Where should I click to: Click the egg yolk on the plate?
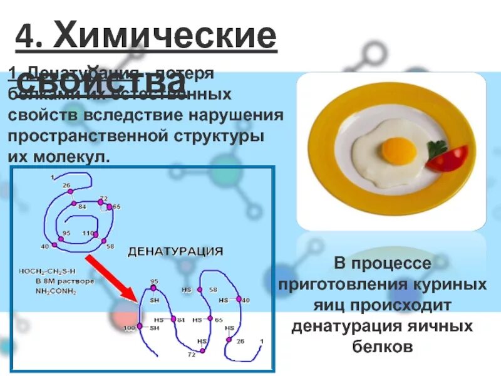(x=400, y=149)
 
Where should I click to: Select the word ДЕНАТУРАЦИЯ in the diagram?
(x=175, y=252)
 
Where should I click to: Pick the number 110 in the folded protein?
(x=86, y=233)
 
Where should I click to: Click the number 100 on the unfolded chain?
(x=128, y=328)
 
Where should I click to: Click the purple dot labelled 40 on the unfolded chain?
(x=237, y=301)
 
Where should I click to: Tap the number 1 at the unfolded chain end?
(x=262, y=341)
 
